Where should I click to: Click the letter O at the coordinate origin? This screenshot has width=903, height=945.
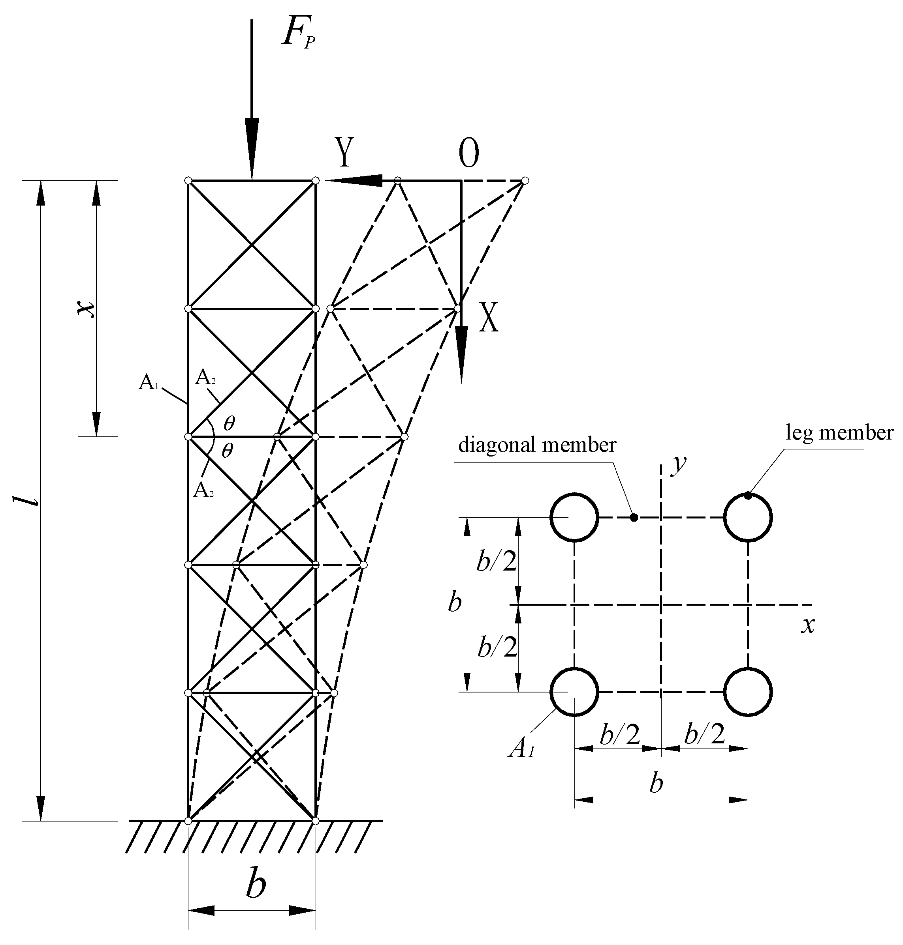[x=468, y=154]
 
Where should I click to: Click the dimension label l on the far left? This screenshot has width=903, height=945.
[x=32, y=500]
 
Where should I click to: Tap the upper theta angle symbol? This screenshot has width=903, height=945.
[x=229, y=423]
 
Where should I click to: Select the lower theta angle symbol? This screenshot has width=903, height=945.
[x=227, y=451]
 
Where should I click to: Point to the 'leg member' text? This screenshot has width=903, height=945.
[x=839, y=433]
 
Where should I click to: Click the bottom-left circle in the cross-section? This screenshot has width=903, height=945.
[x=574, y=692]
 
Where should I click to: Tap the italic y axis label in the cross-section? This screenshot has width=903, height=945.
[x=679, y=463]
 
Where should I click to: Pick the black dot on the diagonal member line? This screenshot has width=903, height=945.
[x=634, y=517]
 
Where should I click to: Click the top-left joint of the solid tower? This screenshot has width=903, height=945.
[x=188, y=180]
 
